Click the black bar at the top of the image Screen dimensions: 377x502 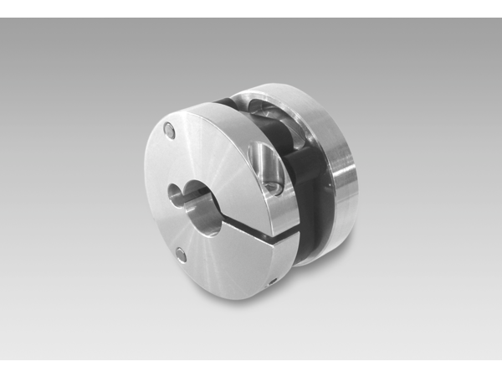[251, 8]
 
